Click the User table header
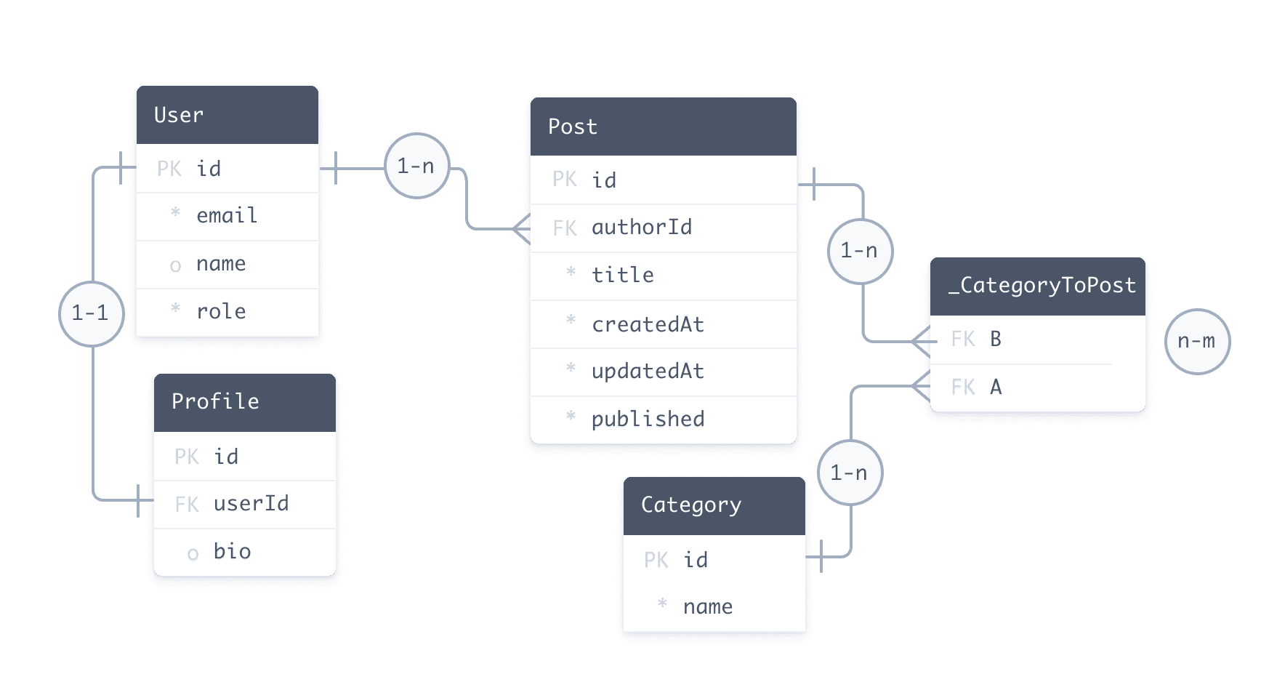pyautogui.click(x=227, y=115)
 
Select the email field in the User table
pyautogui.click(x=227, y=216)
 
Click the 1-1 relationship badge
pyautogui.click(x=91, y=313)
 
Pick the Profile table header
pyautogui.click(x=245, y=402)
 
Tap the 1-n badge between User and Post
pyautogui.click(x=416, y=167)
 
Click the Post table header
pyautogui.click(x=663, y=127)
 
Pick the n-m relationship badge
pyautogui.click(x=1196, y=341)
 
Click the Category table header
pyautogui.click(x=714, y=505)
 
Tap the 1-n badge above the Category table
pyautogui.click(x=849, y=473)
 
